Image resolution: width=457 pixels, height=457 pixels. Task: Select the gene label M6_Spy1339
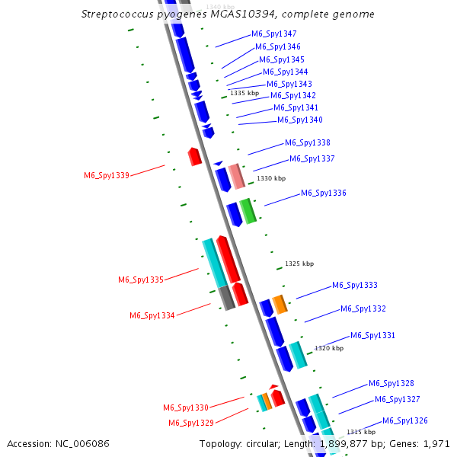[x=107, y=175]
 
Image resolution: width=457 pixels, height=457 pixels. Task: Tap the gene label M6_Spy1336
[x=324, y=193]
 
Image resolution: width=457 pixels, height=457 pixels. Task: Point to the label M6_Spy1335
[x=141, y=280]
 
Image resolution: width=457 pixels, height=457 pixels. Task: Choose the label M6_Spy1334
[x=152, y=315]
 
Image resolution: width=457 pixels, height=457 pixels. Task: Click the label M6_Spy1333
[x=355, y=286]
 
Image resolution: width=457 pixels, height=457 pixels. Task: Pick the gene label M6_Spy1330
[x=186, y=407]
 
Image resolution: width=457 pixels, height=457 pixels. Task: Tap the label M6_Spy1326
[x=405, y=420]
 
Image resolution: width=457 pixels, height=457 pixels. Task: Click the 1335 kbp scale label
[x=244, y=93]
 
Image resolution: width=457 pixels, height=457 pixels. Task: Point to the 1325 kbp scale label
[x=299, y=264]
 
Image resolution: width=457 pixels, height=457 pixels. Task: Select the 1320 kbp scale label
[x=329, y=348]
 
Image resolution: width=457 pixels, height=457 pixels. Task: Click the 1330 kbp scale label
[x=271, y=178]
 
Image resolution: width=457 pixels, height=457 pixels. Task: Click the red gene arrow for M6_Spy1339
[x=195, y=157]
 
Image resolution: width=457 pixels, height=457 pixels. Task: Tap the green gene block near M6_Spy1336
[x=248, y=211]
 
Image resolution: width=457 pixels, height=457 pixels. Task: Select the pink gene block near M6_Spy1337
[x=237, y=176]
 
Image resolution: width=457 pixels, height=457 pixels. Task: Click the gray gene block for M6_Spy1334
[x=226, y=298]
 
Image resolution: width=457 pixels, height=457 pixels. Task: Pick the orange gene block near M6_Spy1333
[x=280, y=304]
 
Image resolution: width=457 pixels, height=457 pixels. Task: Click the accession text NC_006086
[x=84, y=443]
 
